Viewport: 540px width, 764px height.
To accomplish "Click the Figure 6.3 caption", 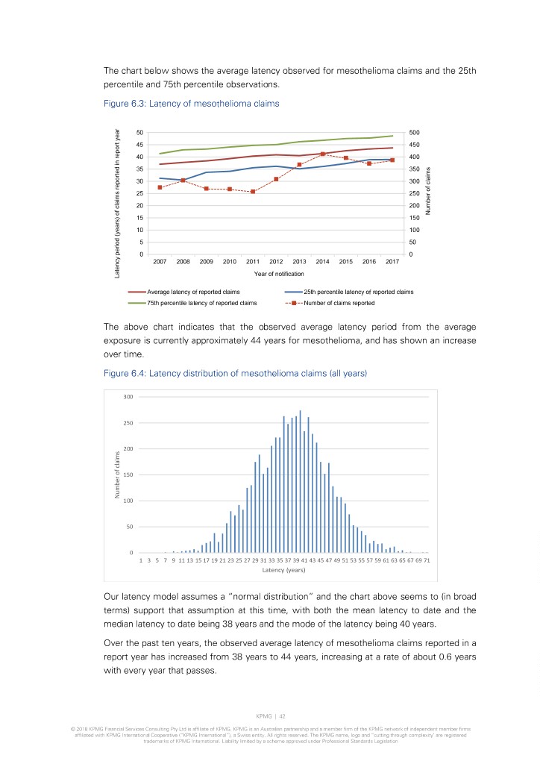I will point(191,104).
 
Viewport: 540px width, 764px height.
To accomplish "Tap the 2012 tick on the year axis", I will point(276,262).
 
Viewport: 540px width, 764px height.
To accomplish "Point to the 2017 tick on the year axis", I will point(392,262).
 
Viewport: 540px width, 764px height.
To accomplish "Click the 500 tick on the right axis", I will point(415,133).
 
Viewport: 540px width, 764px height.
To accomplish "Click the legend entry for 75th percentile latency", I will point(192,303).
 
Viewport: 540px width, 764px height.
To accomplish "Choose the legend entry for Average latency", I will point(192,292).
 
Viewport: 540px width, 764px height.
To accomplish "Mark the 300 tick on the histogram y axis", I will point(128,396).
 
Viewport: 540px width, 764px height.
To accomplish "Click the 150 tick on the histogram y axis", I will point(128,475).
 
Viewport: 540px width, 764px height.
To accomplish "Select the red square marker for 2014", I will point(322,154).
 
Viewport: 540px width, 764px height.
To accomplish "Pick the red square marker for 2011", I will point(253,192).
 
